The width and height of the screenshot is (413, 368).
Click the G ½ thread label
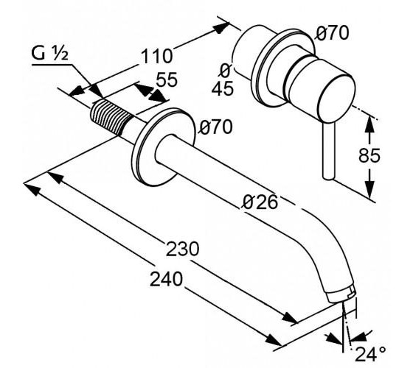tap(50, 54)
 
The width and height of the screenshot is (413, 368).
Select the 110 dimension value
tap(156, 56)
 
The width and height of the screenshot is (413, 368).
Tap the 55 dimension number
tap(167, 79)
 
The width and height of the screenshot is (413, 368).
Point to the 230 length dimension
tap(182, 249)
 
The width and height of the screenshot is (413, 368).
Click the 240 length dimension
tap(166, 279)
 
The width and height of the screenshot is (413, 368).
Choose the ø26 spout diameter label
tap(260, 202)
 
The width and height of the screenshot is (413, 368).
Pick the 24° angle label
tap(370, 353)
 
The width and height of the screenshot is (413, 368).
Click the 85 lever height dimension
tap(369, 155)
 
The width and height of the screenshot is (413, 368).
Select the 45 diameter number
tap(223, 88)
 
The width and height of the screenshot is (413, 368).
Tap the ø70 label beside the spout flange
tap(215, 127)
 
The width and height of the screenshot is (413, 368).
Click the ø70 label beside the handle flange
tap(333, 33)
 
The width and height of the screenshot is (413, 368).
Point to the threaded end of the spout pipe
tap(111, 118)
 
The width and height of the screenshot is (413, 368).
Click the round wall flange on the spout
tap(163, 146)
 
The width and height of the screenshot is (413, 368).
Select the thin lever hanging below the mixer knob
tap(328, 150)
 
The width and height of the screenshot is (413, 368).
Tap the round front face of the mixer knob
tap(336, 98)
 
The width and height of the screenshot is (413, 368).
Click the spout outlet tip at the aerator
tap(342, 296)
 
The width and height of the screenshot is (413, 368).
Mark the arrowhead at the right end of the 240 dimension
tap(273, 340)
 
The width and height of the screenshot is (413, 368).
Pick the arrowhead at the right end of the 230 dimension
tap(290, 318)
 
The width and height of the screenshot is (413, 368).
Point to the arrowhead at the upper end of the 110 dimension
tap(221, 27)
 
